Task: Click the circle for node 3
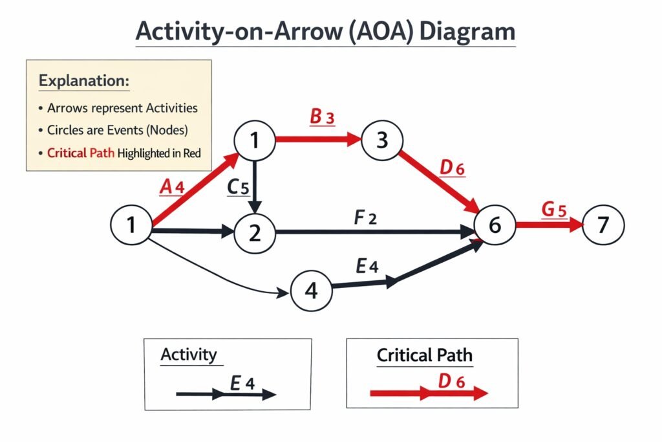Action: [382, 139]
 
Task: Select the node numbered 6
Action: [495, 225]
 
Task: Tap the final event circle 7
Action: [603, 225]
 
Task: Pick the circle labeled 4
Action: [311, 291]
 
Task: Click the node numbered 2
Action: [255, 232]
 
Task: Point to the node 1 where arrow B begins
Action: [255, 139]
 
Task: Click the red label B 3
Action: [322, 117]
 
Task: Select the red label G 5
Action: [554, 210]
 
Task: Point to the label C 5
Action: [237, 187]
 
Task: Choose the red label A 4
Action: [172, 187]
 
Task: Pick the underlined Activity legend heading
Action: [188, 355]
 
